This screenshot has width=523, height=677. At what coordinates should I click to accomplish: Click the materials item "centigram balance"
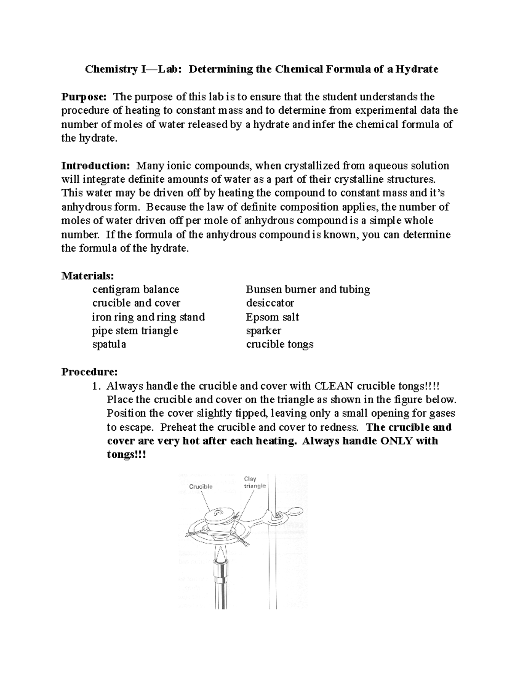(x=136, y=289)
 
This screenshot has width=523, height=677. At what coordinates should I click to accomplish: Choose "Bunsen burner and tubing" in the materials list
(x=308, y=289)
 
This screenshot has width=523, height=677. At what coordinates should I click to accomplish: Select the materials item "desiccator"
(x=270, y=303)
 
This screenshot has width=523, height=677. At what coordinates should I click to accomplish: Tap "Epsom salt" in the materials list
(x=272, y=317)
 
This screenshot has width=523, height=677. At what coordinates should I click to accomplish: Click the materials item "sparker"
(x=263, y=330)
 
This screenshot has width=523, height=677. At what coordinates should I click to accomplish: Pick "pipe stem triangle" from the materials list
(x=135, y=330)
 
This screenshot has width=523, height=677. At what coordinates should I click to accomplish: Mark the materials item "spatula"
(x=109, y=344)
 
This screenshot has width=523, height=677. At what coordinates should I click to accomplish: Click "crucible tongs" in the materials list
(x=279, y=344)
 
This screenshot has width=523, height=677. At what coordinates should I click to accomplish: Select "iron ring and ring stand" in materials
(x=148, y=317)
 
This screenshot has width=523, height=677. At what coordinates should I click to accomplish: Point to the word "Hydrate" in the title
(x=417, y=69)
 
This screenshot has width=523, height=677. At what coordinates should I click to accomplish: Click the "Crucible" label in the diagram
(x=200, y=486)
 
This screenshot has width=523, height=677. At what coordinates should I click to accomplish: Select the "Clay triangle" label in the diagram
(x=255, y=482)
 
